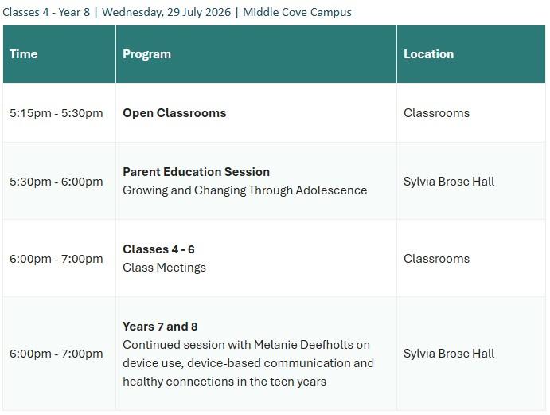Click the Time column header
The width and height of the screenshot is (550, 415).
24,54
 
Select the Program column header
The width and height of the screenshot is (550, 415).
146,54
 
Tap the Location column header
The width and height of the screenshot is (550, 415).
428,54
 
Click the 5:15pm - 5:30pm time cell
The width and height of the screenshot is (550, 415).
57,113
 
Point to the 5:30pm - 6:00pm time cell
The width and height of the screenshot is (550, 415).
57,182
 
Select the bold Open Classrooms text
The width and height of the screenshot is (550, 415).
174,113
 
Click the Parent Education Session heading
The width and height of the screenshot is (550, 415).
196,172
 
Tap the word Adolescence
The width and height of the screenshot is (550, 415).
331,190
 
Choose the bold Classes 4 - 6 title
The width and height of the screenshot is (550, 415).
158,249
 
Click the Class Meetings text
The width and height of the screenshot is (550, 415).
164,268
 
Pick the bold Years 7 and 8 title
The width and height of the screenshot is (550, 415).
160,327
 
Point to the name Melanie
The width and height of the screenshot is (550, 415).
275,345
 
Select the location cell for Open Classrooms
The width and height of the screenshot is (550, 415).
436,113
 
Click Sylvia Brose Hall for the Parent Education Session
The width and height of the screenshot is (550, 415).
449,182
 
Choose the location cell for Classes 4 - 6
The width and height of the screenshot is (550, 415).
436,259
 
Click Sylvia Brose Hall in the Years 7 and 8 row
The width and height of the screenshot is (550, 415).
449,354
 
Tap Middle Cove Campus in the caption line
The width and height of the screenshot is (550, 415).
297,12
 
